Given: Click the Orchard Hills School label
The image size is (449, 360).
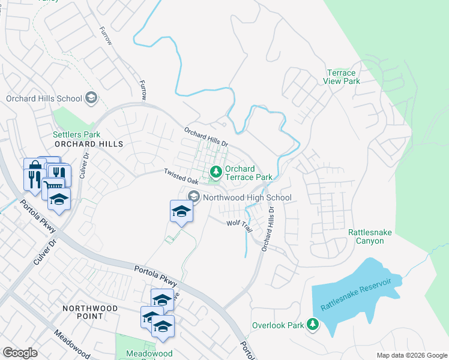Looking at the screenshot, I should pos(44,98).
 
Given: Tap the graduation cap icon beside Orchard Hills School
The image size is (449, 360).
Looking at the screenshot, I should pos(91,97).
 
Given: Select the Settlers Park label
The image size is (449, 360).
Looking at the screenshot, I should pos(76,134).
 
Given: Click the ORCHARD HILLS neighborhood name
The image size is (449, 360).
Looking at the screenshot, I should pos(88,144).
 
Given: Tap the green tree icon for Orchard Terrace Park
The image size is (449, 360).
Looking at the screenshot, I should pos(215,173).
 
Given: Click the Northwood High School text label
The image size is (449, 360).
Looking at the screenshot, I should pos(247,197).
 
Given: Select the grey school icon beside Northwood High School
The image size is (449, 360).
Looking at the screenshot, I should pos(194,196).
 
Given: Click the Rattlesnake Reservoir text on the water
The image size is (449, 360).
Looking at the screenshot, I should pos(356,293).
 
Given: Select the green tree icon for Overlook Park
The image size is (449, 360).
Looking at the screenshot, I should pos(312,324).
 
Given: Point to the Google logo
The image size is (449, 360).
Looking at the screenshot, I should pos(20,353).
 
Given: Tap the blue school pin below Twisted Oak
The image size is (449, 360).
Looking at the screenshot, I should pos(182,211).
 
